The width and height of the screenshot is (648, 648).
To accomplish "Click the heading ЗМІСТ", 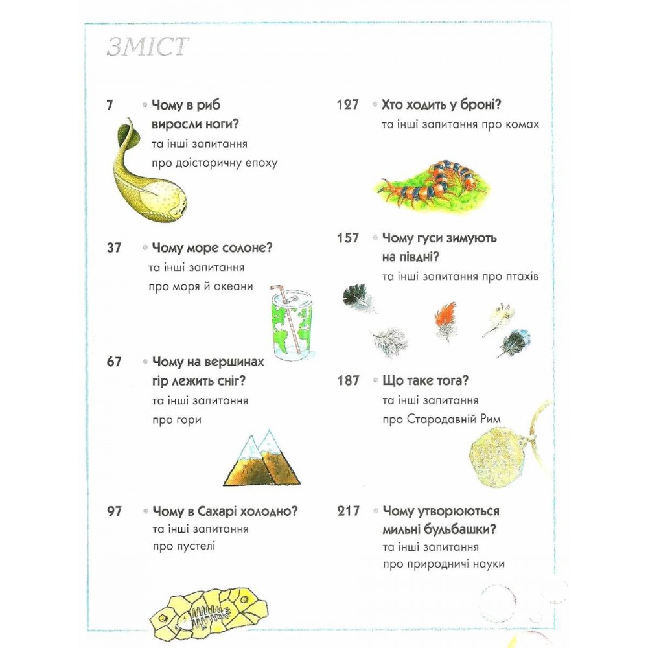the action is click(148, 46).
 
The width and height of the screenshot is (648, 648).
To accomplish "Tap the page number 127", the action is click(347, 104).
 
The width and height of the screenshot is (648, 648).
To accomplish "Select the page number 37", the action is click(113, 248).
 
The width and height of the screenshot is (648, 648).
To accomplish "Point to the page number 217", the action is click(349, 511).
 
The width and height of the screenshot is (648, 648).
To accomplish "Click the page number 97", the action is click(115, 511).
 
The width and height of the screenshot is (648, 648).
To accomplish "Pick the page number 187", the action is click(348, 380).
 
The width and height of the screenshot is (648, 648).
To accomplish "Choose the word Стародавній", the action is click(442, 419).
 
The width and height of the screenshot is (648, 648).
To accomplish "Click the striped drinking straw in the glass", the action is click(289, 318).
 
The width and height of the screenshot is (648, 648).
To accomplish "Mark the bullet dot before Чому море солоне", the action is click(145, 248).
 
